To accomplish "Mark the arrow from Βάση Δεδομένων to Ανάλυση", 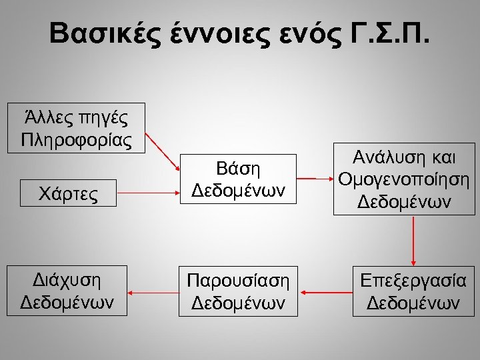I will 315,179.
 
